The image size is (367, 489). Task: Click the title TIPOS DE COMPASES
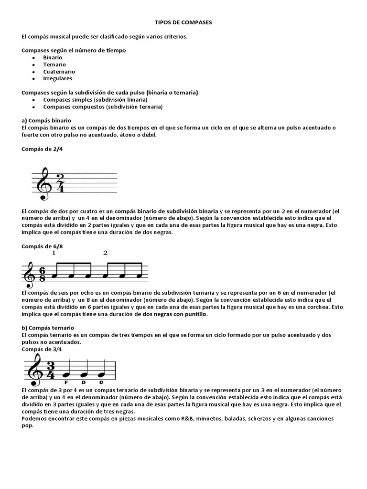183,22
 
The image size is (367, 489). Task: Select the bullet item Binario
53,57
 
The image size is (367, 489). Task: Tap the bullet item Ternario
54,64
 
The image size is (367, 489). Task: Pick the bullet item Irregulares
57,78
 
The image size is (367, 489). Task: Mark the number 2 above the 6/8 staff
105,253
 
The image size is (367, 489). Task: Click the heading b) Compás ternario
48,328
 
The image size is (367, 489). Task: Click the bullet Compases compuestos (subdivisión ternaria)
102,107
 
